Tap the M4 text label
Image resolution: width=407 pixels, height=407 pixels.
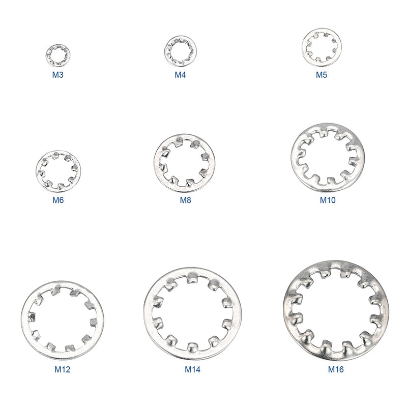[x=180, y=75]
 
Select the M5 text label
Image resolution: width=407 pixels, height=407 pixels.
[x=321, y=75]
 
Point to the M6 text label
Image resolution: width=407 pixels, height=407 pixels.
[x=58, y=200]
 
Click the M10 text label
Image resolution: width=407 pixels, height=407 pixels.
[x=328, y=200]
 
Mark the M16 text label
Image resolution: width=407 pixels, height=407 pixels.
[x=336, y=369]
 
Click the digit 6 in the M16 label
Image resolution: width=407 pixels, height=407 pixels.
[x=342, y=369]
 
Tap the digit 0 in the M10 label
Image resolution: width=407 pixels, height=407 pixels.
[x=333, y=200]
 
